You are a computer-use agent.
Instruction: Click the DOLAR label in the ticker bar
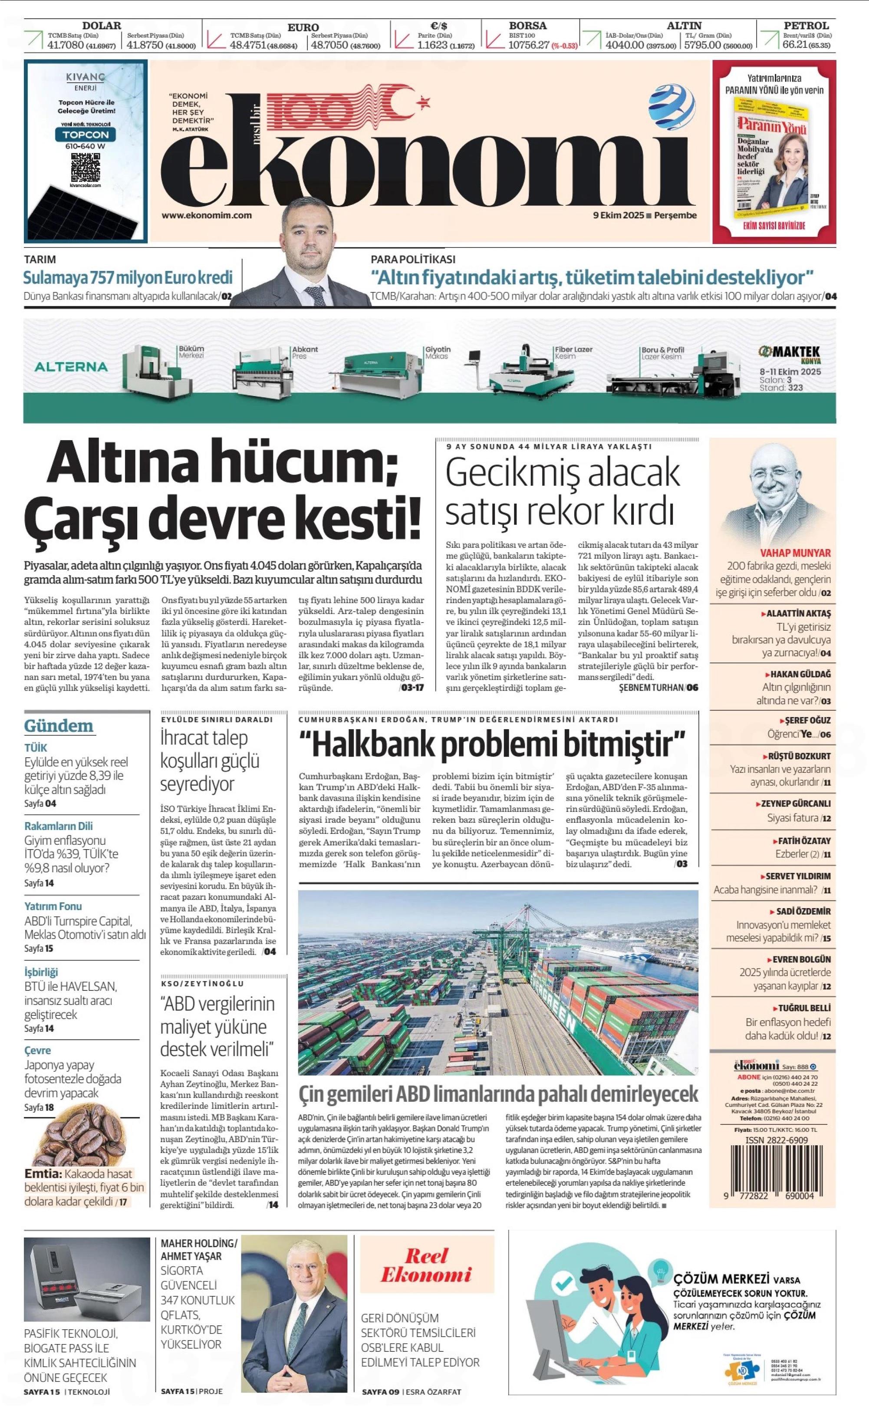pyautogui.click(x=102, y=25)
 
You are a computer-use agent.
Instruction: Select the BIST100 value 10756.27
pyautogui.click(x=529, y=45)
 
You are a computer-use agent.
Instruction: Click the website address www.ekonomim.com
pyautogui.click(x=206, y=216)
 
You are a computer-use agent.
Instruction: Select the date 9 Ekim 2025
pyautogui.click(x=618, y=216)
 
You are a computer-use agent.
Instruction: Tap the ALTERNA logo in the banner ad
pyautogui.click(x=71, y=367)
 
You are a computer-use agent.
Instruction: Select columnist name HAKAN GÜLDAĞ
pyautogui.click(x=800, y=674)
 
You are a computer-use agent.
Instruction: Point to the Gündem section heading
pyautogui.click(x=59, y=726)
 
